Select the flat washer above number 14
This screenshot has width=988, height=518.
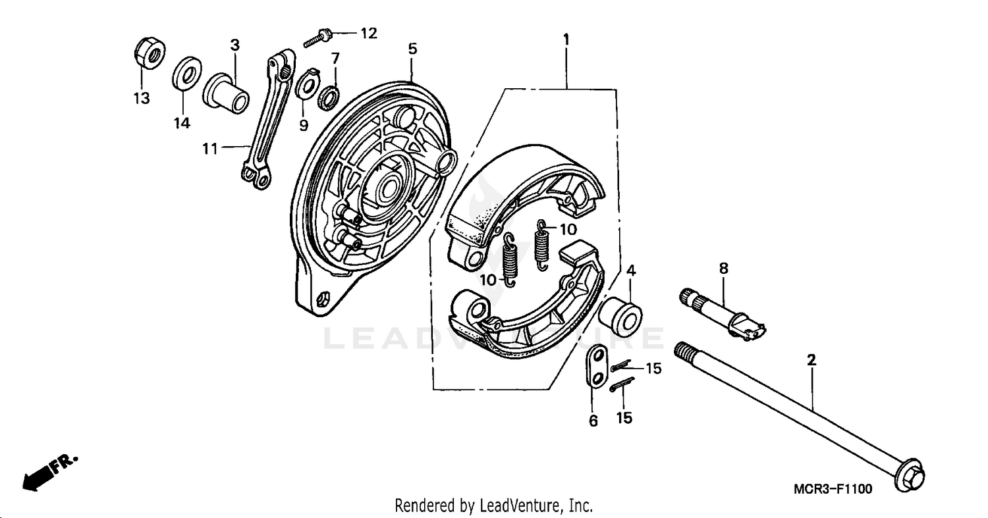tap(188, 74)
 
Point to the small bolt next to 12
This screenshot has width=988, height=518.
tap(318, 37)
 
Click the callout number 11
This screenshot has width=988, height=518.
tap(209, 149)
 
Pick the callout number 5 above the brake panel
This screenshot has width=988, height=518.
tap(412, 49)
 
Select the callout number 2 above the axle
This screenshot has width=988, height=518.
tap(811, 360)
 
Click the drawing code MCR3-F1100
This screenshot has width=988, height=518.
tap(833, 489)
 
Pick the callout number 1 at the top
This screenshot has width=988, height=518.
tap(566, 39)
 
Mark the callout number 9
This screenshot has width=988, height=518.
tap(303, 124)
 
